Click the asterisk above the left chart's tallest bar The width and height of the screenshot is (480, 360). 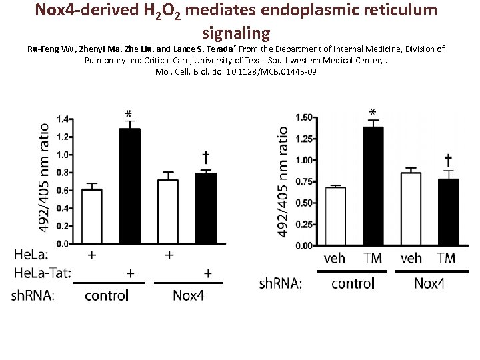coord(128,115)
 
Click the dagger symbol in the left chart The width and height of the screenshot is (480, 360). coord(206,157)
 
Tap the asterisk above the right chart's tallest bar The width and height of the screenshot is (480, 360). coord(373,113)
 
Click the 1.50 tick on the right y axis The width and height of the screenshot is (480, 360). coord(304,117)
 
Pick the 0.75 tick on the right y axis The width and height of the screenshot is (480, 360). coord(304,181)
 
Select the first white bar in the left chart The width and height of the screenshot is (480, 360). coord(91,216)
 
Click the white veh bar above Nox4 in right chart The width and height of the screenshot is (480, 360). coord(411,209)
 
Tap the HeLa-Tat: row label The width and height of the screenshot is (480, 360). coord(42,273)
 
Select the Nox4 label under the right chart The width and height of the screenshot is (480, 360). coord(429,283)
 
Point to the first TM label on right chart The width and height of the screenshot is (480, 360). coord(373,258)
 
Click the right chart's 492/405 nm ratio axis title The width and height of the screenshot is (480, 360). coord(284,181)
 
